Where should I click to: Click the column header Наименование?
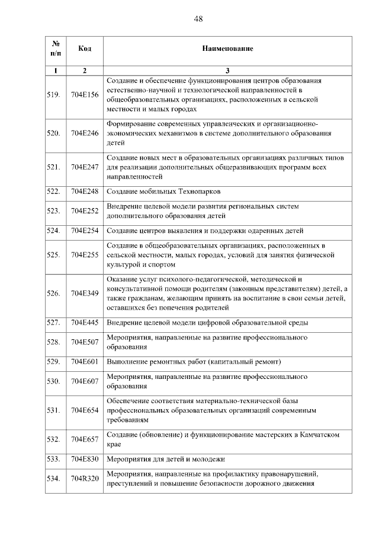[227, 48]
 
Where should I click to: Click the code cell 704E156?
[84, 95]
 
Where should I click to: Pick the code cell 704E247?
[84, 167]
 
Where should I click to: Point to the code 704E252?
[84, 210]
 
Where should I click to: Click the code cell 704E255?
[84, 255]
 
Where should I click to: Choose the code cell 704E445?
[84, 323]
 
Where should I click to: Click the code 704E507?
[84, 342]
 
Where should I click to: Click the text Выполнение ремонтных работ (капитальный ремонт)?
[193, 361]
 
